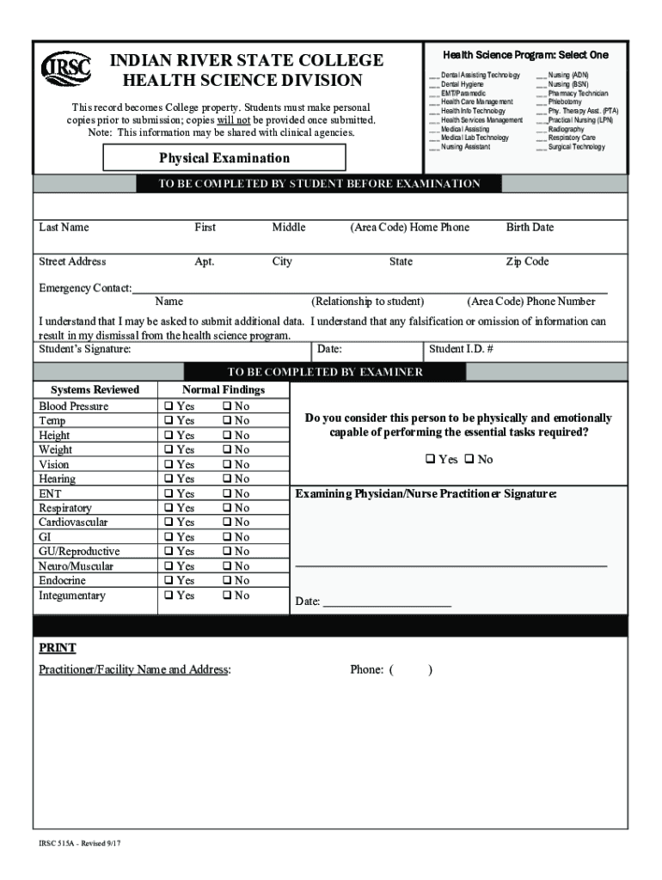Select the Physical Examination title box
click(x=224, y=158)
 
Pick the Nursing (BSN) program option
click(x=568, y=84)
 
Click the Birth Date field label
click(x=530, y=228)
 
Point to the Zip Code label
click(x=527, y=262)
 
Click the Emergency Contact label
click(x=84, y=288)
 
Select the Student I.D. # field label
click(x=461, y=350)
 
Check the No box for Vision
click(x=226, y=465)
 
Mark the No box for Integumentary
click(x=226, y=596)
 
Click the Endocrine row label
click(x=62, y=581)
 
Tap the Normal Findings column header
click(x=224, y=390)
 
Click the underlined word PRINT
click(x=58, y=648)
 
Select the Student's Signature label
click(x=85, y=350)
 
